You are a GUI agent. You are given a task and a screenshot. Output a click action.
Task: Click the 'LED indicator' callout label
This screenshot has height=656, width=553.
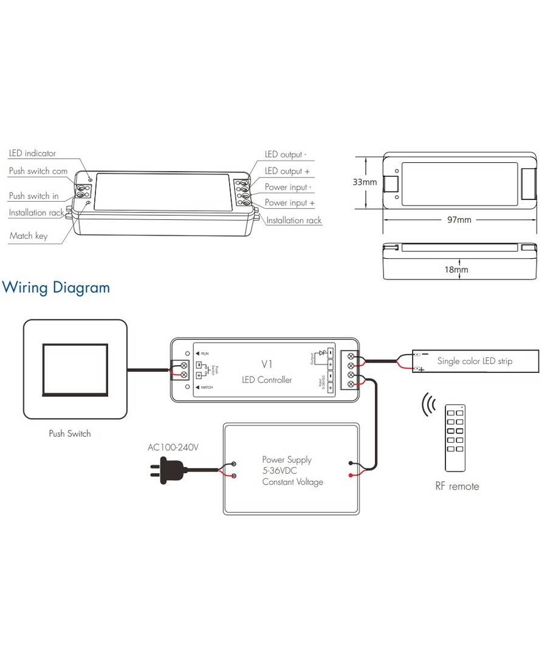(32, 154)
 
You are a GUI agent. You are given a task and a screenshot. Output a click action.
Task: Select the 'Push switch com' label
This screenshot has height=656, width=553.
(38, 171)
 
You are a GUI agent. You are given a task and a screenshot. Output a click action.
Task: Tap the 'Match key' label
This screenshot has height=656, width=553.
(28, 236)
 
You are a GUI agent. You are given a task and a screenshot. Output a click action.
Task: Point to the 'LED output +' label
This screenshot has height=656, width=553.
(287, 171)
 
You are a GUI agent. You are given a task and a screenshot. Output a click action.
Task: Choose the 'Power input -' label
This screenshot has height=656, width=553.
(288, 187)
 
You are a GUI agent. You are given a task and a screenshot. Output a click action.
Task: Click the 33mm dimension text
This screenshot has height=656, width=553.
(365, 182)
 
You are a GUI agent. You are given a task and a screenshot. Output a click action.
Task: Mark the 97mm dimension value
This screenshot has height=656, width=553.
(459, 220)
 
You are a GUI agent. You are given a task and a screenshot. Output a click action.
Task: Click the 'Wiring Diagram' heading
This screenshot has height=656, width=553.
(57, 287)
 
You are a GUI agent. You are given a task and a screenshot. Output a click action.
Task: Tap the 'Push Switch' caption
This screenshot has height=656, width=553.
(70, 434)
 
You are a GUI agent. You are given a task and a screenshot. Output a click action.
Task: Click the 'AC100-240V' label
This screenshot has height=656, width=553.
(173, 448)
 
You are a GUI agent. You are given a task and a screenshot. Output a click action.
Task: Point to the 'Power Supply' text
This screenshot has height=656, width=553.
(287, 460)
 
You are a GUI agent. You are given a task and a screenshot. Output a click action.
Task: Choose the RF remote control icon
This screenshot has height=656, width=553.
(455, 437)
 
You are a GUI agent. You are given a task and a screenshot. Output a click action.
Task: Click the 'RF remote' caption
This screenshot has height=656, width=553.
(457, 487)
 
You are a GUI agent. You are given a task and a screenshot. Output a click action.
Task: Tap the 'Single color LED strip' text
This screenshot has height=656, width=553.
(475, 361)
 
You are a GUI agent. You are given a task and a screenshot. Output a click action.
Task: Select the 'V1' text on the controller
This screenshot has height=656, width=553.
(266, 364)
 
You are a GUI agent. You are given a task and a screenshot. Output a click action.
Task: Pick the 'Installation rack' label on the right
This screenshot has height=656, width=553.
(294, 220)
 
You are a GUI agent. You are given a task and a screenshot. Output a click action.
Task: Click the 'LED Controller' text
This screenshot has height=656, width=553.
(267, 380)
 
